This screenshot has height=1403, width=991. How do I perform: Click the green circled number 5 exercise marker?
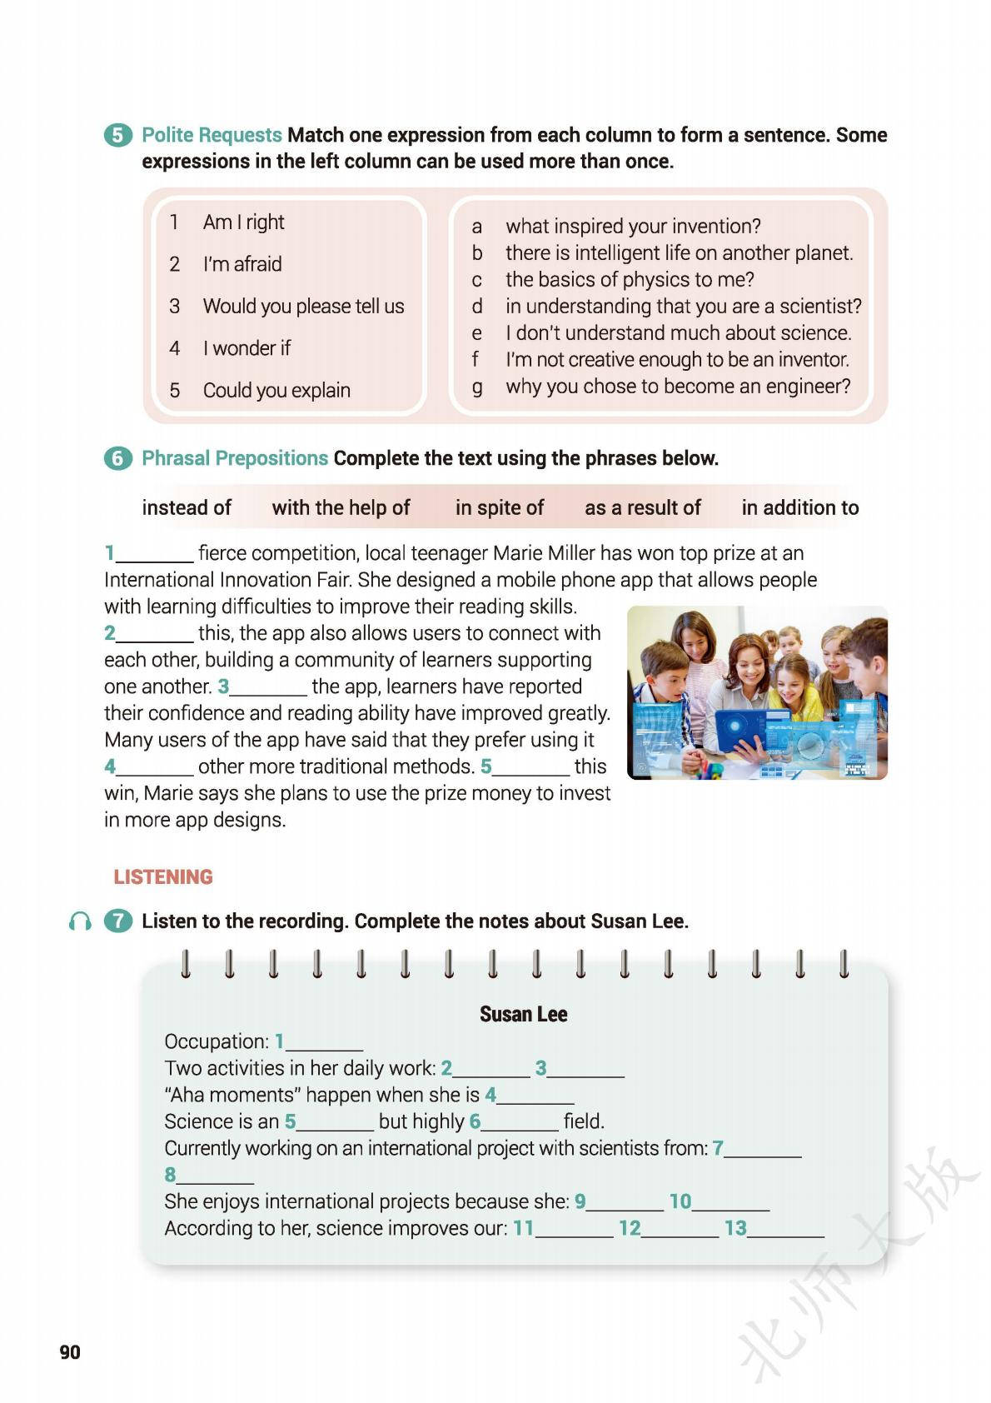(117, 135)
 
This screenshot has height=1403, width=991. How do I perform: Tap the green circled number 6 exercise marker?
(117, 458)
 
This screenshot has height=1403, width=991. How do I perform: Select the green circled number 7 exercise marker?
(117, 921)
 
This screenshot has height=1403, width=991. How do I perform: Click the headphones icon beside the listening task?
(80, 921)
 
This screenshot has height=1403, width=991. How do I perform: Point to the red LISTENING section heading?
(163, 876)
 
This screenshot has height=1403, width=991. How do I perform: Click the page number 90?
(70, 1351)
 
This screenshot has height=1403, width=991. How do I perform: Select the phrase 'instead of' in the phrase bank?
(187, 507)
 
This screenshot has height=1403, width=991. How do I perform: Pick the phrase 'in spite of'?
(499, 507)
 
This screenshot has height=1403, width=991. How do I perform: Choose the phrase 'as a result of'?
(642, 507)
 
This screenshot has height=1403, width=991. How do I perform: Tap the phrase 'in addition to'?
(799, 507)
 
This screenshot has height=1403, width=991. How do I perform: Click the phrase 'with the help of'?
(341, 507)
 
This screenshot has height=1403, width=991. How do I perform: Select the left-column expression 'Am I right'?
(243, 222)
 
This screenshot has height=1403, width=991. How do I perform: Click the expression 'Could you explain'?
(276, 390)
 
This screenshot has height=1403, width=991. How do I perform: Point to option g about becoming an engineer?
(677, 387)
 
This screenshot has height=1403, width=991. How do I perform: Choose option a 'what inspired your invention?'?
(632, 226)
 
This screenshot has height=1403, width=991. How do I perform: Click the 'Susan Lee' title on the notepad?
(523, 1014)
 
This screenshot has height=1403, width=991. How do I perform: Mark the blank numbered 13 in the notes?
(785, 1229)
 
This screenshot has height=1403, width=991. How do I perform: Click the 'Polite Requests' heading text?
(212, 135)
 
